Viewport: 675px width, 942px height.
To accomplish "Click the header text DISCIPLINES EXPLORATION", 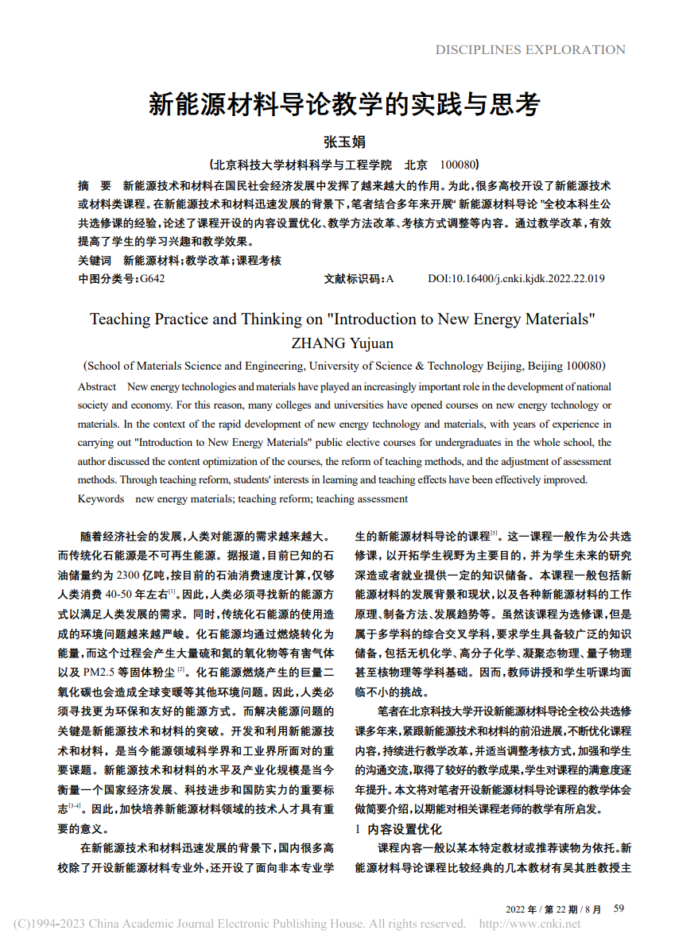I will click(x=530, y=50).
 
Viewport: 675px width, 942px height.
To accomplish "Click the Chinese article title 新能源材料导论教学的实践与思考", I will click(x=344, y=104).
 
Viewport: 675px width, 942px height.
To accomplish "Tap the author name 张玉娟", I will click(x=344, y=142).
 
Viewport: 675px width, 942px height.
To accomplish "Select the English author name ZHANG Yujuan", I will click(x=343, y=343).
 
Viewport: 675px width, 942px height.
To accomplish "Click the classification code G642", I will click(x=152, y=279).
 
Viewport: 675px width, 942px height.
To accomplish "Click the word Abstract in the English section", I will click(x=97, y=387).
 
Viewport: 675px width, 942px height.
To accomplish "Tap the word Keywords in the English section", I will click(x=101, y=499).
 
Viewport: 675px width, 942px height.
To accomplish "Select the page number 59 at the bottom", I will click(x=619, y=908).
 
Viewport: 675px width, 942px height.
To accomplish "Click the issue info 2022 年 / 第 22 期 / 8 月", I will click(x=554, y=909).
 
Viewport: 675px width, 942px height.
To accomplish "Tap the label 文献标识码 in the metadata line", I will click(x=354, y=279).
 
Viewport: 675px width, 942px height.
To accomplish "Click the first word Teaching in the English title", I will click(x=120, y=320).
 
